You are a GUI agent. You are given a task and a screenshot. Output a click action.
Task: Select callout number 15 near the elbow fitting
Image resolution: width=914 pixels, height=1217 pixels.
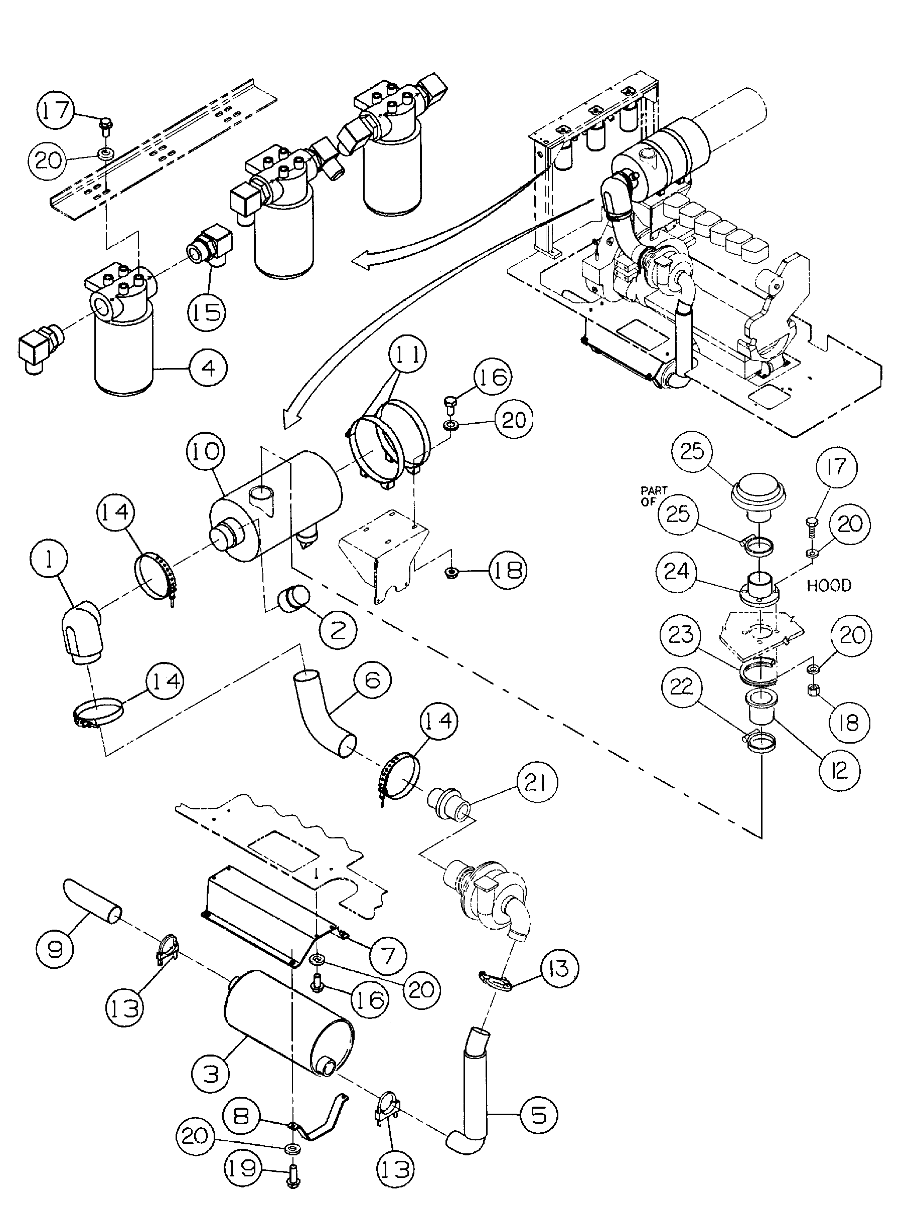[x=207, y=312]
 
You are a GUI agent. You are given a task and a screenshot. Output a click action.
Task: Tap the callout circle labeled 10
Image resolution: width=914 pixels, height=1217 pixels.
[x=206, y=452]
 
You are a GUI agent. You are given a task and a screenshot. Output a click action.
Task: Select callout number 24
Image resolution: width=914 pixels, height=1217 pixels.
[x=676, y=572]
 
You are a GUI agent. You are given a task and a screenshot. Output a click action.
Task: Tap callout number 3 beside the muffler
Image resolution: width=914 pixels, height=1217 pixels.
[x=211, y=1074]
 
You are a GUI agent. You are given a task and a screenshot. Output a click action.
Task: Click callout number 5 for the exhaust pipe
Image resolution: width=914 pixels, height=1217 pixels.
[x=539, y=1115]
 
